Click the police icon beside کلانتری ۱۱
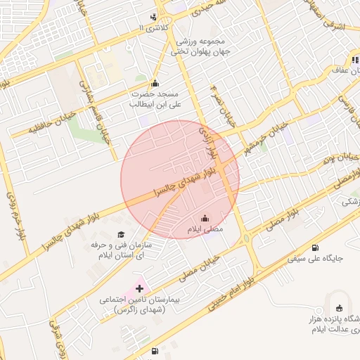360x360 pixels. click(x=154, y=17)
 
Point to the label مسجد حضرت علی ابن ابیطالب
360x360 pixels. click(x=154, y=98)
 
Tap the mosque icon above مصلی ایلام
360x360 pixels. click(x=205, y=219)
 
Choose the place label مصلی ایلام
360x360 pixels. click(x=204, y=230)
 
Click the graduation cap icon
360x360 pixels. click(x=120, y=234)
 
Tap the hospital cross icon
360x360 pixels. click(x=139, y=288)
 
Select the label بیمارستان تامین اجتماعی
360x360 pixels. click(x=138, y=304)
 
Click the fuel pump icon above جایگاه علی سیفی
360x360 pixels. click(x=314, y=247)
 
